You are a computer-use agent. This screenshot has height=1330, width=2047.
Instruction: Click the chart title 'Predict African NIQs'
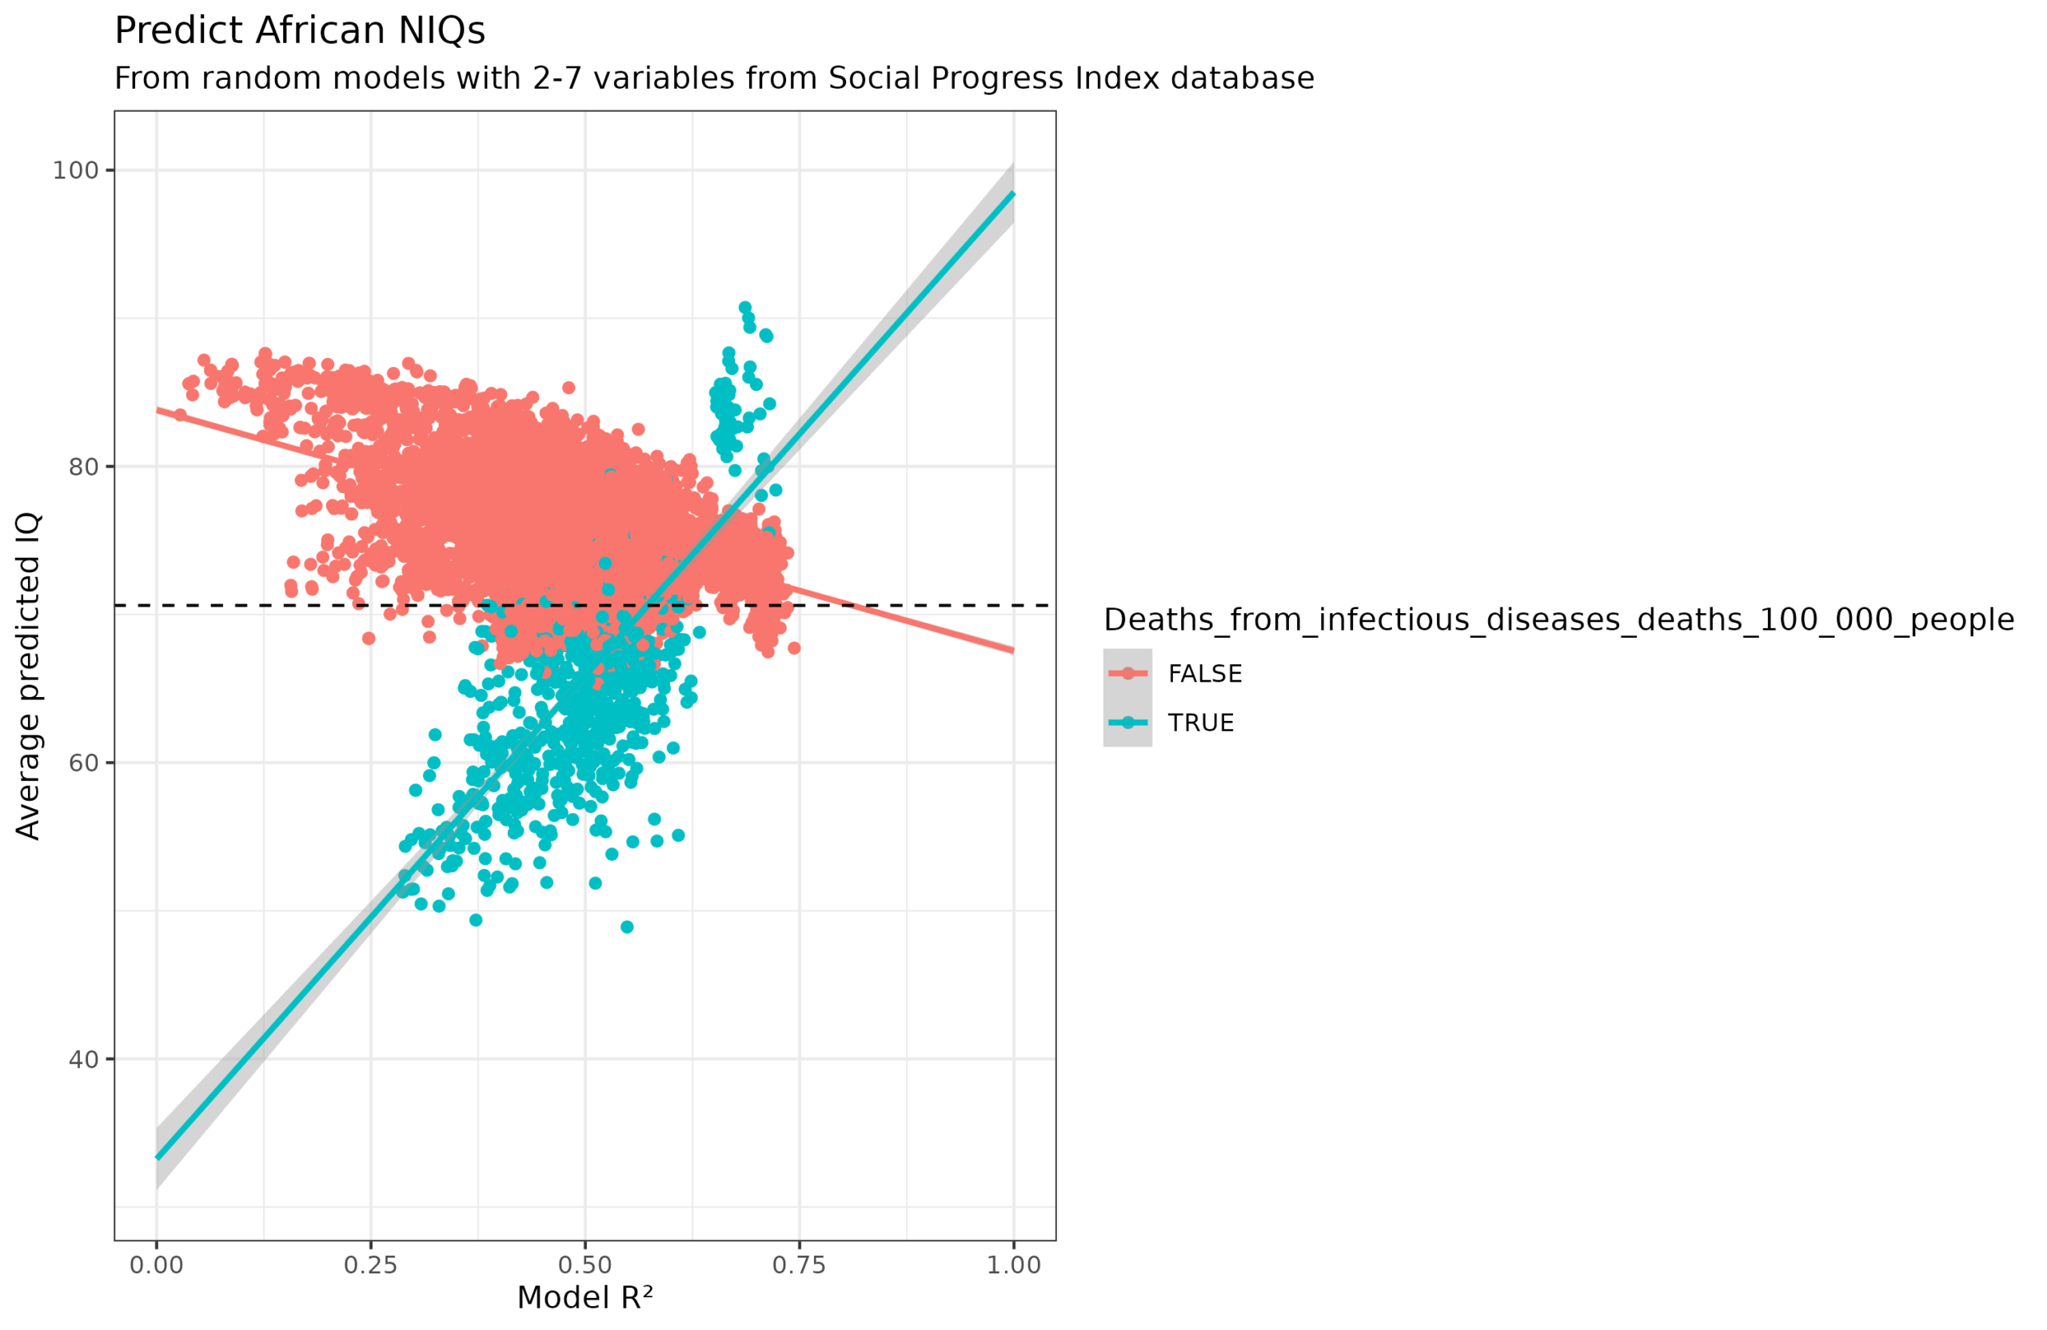pos(299,31)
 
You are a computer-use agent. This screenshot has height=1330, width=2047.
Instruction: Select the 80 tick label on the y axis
pos(83,467)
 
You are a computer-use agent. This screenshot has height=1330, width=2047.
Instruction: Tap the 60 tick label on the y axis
pos(83,763)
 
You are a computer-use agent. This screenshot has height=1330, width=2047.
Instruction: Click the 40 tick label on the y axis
pos(83,1060)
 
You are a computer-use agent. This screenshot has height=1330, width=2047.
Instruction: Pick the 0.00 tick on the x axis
pos(157,1265)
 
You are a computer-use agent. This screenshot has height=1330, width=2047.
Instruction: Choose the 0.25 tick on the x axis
pos(371,1265)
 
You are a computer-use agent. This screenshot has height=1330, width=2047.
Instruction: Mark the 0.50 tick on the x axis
pos(585,1265)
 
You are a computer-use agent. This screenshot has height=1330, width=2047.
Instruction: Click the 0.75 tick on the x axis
pos(799,1265)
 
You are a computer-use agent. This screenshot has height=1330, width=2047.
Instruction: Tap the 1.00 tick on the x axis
pos(1013,1265)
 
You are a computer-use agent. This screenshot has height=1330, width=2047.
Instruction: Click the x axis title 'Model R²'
pos(585,1298)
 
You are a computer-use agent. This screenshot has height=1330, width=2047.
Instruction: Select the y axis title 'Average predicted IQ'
pos(28,675)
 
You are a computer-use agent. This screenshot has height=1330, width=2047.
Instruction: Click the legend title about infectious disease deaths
pos(1558,620)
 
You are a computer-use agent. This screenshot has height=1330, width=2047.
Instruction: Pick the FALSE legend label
pos(1205,674)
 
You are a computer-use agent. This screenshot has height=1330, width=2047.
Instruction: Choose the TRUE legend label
pos(1201,723)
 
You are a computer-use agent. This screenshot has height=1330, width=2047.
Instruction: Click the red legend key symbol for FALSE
pos(1127,673)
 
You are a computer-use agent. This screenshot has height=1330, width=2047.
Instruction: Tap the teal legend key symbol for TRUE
pos(1127,723)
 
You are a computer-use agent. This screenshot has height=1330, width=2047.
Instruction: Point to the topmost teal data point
pos(744,308)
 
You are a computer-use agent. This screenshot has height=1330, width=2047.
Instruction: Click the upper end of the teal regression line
pos(1012,194)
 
